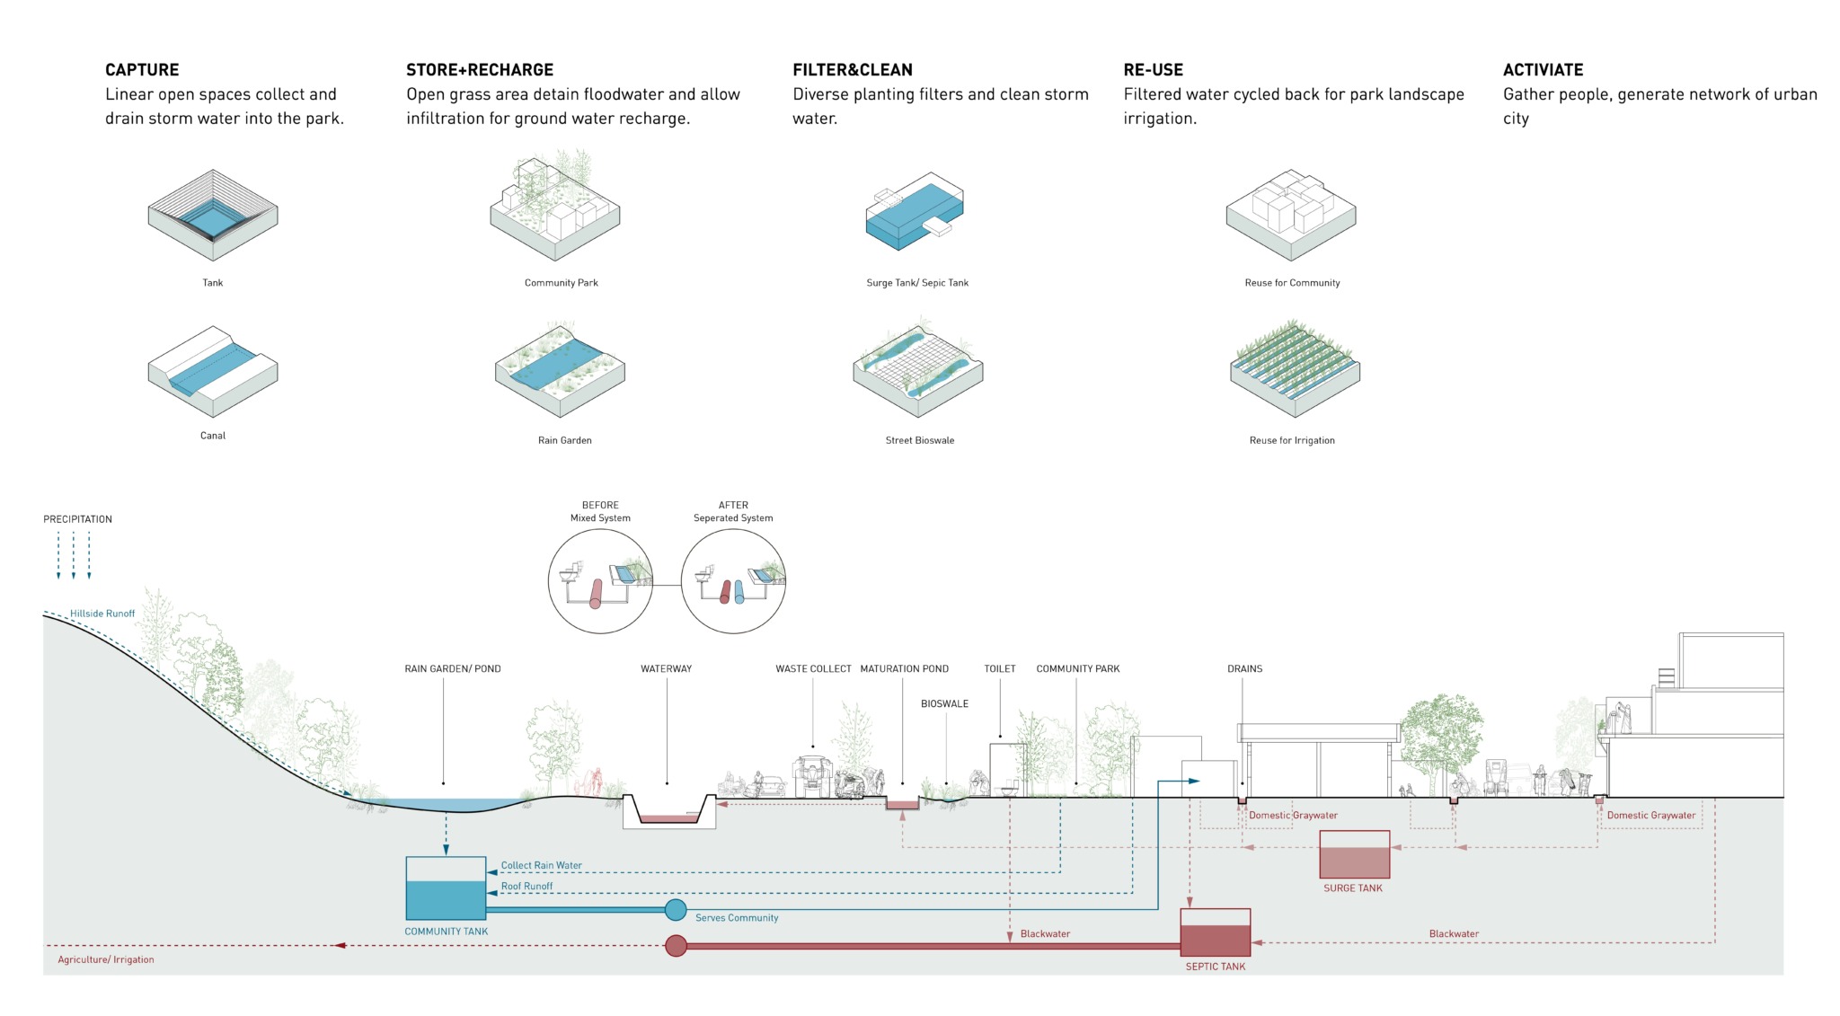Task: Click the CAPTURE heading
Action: pos(142,70)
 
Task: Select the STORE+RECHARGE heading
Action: pos(479,70)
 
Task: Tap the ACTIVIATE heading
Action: pos(1543,70)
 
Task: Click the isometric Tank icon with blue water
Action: pos(213,216)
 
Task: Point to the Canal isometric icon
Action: pos(213,371)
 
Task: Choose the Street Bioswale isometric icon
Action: pos(918,368)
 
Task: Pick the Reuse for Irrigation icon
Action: pos(1294,368)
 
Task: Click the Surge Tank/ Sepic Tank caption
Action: pos(917,283)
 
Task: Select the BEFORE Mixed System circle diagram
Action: pos(600,581)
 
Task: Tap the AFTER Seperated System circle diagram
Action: pos(733,581)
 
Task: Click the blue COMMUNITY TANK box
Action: pos(446,888)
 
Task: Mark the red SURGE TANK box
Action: pos(1354,854)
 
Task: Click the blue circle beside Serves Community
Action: pos(676,910)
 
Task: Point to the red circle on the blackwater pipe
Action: pos(676,946)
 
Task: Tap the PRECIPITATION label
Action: pos(78,519)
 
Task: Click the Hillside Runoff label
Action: pos(102,614)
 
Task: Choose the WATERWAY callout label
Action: pos(666,669)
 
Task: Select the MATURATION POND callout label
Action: pos(904,669)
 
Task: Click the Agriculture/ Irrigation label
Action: pos(106,960)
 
